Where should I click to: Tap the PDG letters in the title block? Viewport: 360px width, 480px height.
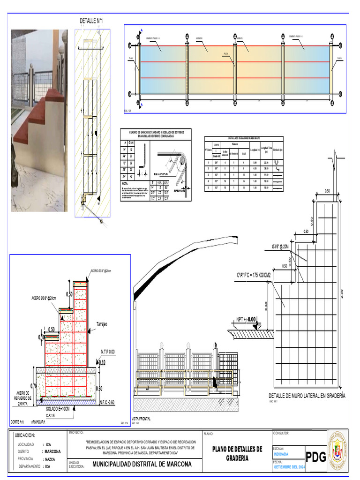[x=316, y=457]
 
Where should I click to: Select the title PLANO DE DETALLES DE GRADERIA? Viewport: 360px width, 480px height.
[x=237, y=453]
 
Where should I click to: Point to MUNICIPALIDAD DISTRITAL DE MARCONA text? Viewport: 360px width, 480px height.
[x=142, y=464]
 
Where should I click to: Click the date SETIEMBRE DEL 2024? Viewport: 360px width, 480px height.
[x=289, y=467]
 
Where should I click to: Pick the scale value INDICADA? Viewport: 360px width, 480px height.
[x=281, y=454]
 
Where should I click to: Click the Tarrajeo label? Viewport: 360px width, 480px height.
[x=103, y=324]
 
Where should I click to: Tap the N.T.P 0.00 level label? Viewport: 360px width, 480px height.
[x=107, y=351]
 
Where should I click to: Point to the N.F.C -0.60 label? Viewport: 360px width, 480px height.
[x=107, y=403]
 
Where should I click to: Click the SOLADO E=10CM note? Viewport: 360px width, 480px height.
[x=58, y=409]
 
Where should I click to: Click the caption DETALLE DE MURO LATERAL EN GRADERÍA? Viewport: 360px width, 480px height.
[x=307, y=396]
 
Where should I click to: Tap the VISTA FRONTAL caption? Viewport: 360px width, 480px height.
[x=142, y=419]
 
